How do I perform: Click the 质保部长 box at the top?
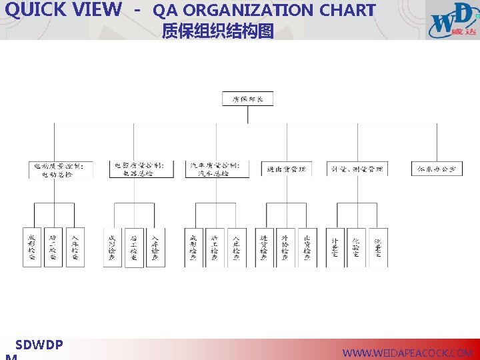[247, 99]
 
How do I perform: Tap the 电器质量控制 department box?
[138, 169]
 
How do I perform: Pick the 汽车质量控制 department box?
[217, 169]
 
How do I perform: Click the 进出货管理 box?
[287, 169]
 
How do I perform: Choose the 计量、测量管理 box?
[357, 169]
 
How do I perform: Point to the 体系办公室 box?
[437, 169]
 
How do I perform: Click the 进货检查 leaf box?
[264, 248]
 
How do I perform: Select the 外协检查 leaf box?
[285, 248]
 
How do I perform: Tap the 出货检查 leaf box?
[307, 248]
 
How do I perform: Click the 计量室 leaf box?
[335, 248]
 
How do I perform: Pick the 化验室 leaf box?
[357, 248]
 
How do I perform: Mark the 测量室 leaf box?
[378, 248]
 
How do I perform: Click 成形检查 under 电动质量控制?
[32, 248]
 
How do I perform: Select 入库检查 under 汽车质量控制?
[237, 248]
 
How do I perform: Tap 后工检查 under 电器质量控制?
[134, 248]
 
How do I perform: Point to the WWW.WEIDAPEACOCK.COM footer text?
[407, 353]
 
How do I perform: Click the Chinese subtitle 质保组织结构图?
[217, 31]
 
